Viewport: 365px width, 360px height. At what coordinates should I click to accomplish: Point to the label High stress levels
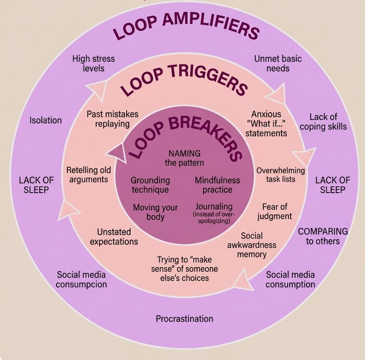[94, 63]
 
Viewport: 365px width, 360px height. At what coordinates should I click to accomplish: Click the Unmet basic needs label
[278, 63]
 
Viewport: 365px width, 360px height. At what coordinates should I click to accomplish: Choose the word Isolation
[46, 120]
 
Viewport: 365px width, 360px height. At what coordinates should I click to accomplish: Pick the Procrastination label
[184, 319]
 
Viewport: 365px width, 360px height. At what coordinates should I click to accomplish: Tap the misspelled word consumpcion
[81, 284]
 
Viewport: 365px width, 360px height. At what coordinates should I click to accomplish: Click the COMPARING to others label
[323, 236]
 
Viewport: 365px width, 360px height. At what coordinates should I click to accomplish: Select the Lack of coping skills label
[323, 122]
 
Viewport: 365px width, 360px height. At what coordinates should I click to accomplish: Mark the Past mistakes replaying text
[112, 119]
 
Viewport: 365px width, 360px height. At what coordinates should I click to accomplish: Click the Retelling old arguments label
[89, 175]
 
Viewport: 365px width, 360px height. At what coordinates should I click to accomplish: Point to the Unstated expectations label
[114, 237]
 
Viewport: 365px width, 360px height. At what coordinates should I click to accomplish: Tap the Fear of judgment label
[275, 211]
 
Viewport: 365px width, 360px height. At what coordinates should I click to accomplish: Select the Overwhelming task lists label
[281, 175]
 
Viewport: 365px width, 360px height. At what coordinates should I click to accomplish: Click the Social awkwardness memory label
[251, 245]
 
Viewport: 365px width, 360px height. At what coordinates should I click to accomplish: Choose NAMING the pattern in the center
[184, 158]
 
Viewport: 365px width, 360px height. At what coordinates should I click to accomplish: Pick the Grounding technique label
[150, 185]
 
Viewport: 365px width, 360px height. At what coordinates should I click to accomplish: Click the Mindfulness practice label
[217, 185]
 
